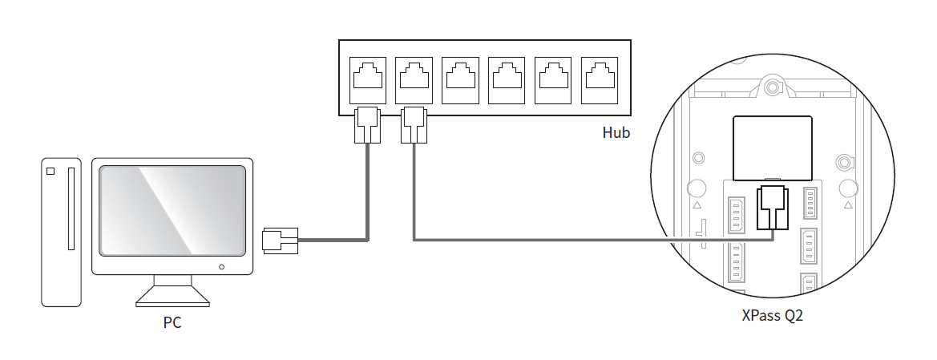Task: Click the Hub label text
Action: tap(616, 132)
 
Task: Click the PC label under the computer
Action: tap(172, 325)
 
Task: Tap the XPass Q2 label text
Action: tap(772, 315)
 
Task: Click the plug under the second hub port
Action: tap(414, 125)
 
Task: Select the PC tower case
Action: tap(63, 232)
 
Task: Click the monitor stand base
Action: tap(172, 298)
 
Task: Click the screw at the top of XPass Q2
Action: tap(772, 86)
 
